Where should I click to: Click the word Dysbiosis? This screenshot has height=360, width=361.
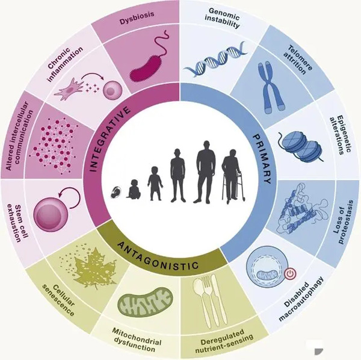click(137, 18)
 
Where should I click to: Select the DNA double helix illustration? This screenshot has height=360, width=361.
click(215, 59)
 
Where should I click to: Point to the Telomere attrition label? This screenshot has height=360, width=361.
click(298, 60)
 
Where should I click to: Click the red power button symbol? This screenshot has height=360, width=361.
click(290, 274)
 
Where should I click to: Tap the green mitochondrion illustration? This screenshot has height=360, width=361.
click(145, 302)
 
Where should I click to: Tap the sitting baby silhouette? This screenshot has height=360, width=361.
click(133, 189)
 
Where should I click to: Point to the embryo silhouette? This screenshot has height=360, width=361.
click(116, 192)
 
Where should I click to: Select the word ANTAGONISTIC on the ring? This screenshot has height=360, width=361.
click(158, 256)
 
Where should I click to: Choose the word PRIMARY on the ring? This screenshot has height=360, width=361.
click(262, 159)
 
